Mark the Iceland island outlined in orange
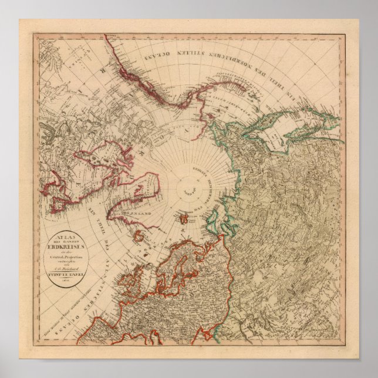[140, 237]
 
